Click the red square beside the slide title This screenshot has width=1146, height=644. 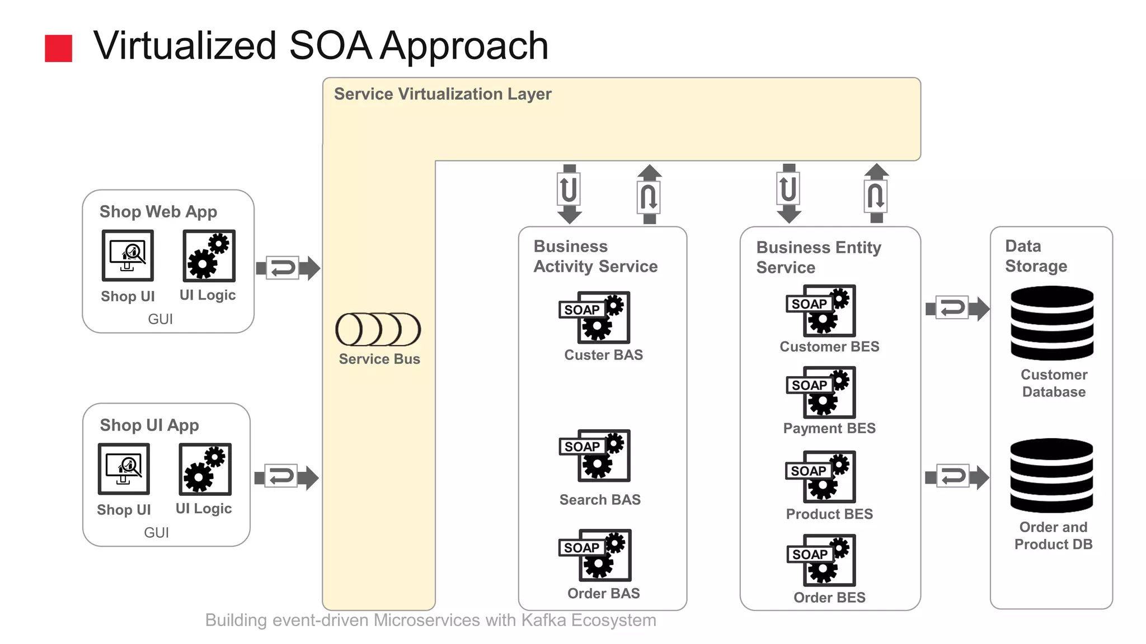pos(58,48)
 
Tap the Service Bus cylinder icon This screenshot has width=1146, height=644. pos(378,329)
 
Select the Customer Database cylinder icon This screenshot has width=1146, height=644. pos(1052,323)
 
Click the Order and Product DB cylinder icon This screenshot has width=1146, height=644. pos(1051,476)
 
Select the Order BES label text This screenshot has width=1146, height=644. pos(829,598)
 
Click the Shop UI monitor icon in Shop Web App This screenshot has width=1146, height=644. pos(128,255)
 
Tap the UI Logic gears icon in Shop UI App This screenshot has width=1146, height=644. pos(205,470)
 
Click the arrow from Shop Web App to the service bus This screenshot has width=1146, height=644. pos(288,268)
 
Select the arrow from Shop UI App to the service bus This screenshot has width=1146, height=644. pos(286,477)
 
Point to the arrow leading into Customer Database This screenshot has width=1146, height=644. pos(957,308)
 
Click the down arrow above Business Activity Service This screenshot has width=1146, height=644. pos(569,193)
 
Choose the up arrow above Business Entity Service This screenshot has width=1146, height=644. pos(876,193)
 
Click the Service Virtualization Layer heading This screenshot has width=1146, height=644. pos(443,94)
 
